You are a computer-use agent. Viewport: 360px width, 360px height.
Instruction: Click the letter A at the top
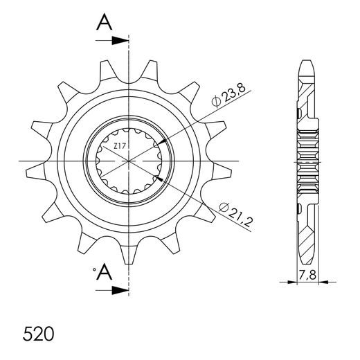coord(104,24)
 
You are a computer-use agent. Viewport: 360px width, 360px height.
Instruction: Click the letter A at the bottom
coord(104,273)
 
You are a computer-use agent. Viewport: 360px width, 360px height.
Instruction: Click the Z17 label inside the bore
coord(120,146)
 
